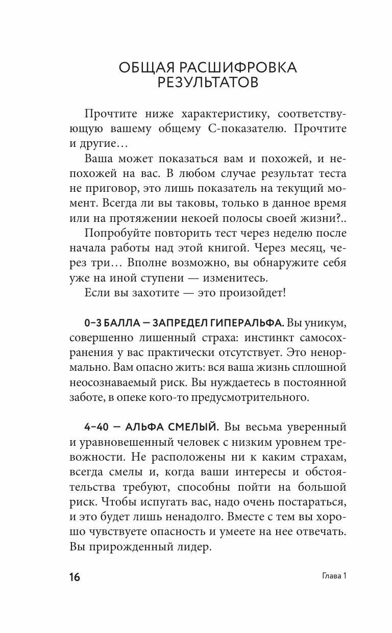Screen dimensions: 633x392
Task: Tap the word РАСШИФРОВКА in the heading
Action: point(239,67)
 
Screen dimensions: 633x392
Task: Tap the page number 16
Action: point(74,577)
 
